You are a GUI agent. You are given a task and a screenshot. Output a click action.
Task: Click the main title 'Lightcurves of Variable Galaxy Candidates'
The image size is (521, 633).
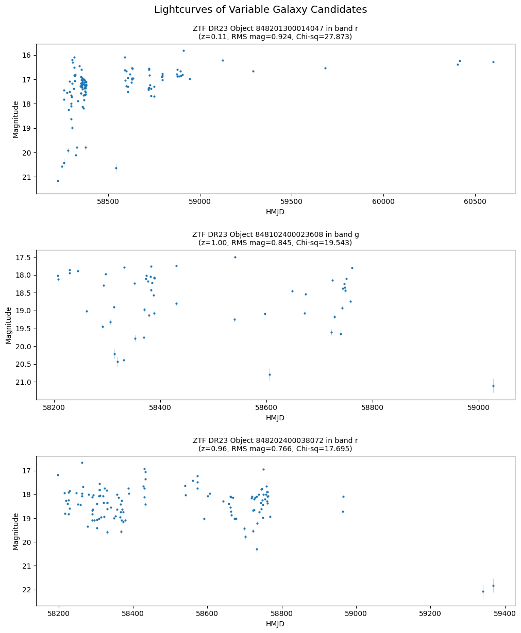(260, 10)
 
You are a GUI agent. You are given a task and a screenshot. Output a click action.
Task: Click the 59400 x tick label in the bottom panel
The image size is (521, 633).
(504, 614)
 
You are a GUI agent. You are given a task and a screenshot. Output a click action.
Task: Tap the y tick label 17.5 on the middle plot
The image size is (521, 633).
(23, 258)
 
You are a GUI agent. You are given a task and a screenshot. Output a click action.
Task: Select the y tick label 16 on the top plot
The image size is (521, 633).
(27, 55)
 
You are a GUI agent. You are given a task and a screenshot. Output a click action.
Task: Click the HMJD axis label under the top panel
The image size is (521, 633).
(275, 212)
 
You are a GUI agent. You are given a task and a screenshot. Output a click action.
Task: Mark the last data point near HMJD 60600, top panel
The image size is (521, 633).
(493, 62)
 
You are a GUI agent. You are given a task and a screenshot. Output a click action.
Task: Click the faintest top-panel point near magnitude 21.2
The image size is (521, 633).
(58, 181)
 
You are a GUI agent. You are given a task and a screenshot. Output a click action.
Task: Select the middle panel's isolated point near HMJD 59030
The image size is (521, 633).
(493, 386)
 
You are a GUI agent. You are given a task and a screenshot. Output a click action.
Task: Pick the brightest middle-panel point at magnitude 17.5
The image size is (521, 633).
(235, 257)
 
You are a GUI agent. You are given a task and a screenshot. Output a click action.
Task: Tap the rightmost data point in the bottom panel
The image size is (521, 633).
(493, 586)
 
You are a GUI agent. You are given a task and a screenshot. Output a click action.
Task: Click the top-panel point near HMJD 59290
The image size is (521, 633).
(253, 71)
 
